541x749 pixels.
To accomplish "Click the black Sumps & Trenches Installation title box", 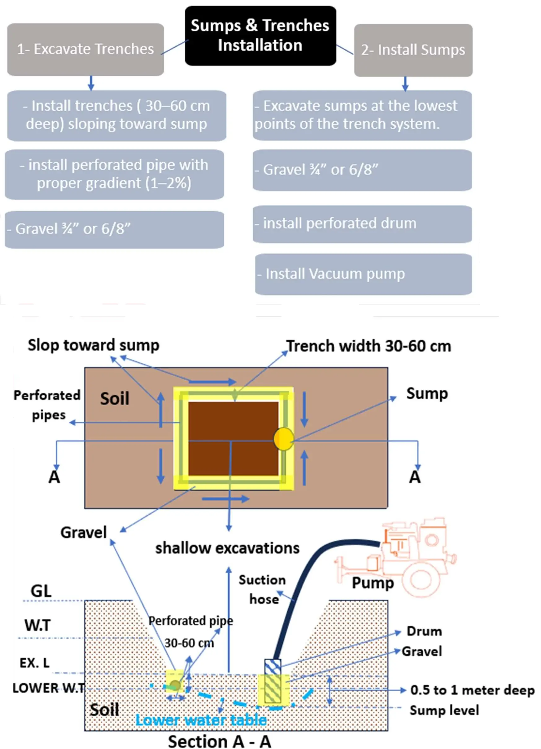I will click(260, 35).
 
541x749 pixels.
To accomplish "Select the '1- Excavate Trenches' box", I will click(85, 49).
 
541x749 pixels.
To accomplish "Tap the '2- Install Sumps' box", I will click(413, 50).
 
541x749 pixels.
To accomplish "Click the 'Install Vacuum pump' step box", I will click(363, 274).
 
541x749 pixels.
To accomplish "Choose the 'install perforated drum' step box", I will click(362, 224).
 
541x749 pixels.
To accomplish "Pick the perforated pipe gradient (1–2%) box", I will click(114, 174).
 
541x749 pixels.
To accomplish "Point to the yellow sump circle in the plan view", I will click(283, 439).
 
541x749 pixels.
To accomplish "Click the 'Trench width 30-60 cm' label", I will click(369, 346).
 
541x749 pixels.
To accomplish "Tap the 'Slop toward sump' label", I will click(93, 345).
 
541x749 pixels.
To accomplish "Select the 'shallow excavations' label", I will click(227, 548).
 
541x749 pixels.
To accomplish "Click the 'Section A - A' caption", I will click(220, 741).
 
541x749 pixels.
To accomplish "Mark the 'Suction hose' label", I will click(263, 589).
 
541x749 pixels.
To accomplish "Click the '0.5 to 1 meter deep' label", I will click(472, 690).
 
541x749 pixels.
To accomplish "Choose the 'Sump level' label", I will click(444, 710).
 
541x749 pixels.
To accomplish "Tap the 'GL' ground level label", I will click(41, 591).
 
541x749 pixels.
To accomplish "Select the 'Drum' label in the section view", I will click(424, 631).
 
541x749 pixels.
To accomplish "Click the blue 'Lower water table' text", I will click(201, 720).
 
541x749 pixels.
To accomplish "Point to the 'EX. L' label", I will click(35, 663).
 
